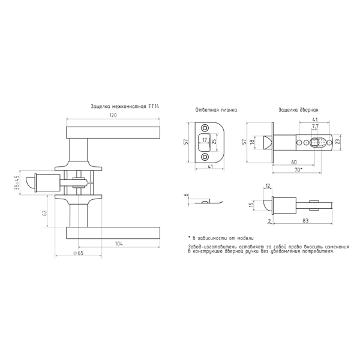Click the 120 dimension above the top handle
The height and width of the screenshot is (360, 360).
click(113, 115)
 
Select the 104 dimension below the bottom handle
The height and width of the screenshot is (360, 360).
click(119, 244)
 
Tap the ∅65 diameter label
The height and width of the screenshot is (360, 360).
click(78, 253)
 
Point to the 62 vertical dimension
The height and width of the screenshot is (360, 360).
click(45, 212)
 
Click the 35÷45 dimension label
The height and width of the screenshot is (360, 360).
click(17, 183)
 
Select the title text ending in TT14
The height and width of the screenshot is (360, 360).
click(125, 107)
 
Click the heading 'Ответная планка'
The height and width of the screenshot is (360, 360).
click(216, 110)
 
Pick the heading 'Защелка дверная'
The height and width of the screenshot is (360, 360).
click(298, 110)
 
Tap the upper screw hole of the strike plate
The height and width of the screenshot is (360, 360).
click(204, 128)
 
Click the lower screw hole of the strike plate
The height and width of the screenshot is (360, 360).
click(204, 157)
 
